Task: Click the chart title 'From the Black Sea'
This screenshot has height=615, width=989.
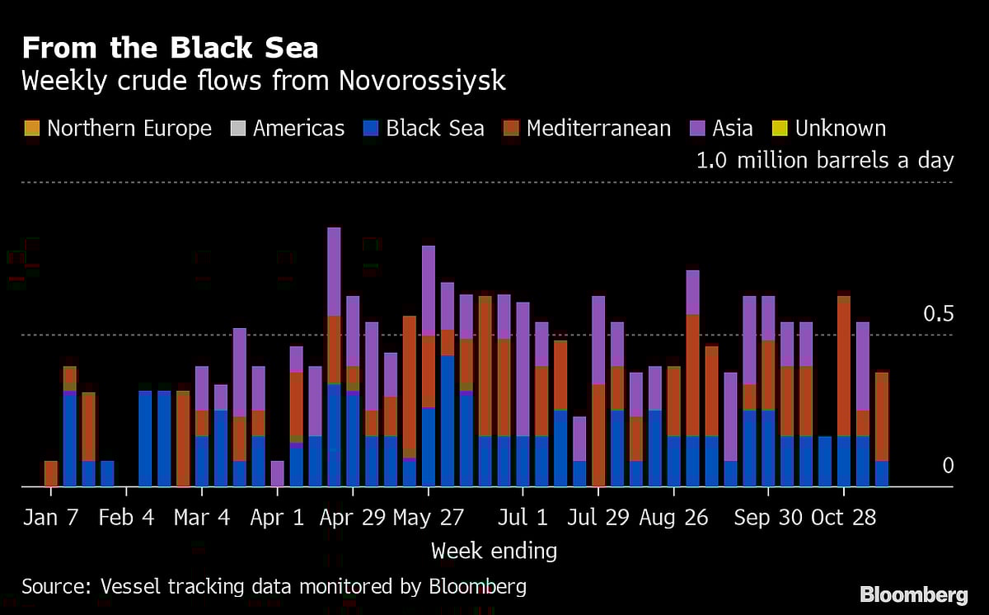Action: [x=170, y=48]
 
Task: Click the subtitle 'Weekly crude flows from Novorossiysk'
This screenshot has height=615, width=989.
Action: [x=264, y=82]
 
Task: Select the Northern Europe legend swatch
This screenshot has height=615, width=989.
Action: [x=30, y=129]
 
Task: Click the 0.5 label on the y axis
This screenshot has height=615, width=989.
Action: [x=936, y=314]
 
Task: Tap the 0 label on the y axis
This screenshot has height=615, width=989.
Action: [x=947, y=466]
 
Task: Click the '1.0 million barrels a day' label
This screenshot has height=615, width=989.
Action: [x=824, y=160]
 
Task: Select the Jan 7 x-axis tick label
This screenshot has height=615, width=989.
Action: [x=50, y=518]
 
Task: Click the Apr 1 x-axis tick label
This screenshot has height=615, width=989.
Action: [x=277, y=518]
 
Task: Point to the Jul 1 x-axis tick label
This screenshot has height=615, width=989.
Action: [x=523, y=518]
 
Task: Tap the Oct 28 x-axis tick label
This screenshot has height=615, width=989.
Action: [x=843, y=518]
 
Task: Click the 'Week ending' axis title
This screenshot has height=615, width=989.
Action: [x=494, y=550]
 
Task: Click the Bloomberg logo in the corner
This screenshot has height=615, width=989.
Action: [x=913, y=594]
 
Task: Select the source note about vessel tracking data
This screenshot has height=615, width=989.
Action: [x=274, y=586]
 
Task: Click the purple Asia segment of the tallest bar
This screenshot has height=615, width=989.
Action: [x=334, y=271]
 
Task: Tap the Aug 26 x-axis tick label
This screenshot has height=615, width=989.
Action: [x=673, y=518]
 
